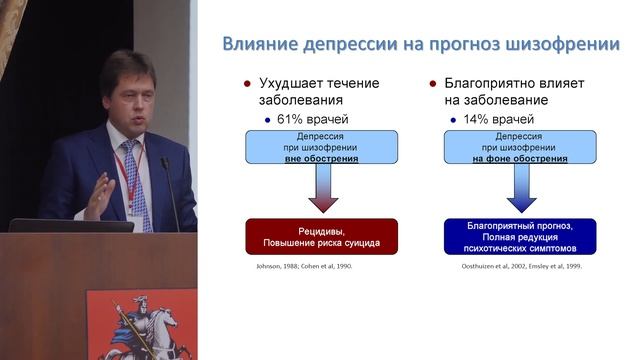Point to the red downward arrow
[x=322, y=189]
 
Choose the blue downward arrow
[x=520, y=189]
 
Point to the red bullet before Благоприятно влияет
[x=433, y=83]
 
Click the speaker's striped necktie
[x=131, y=180]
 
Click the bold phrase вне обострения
[x=321, y=158]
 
